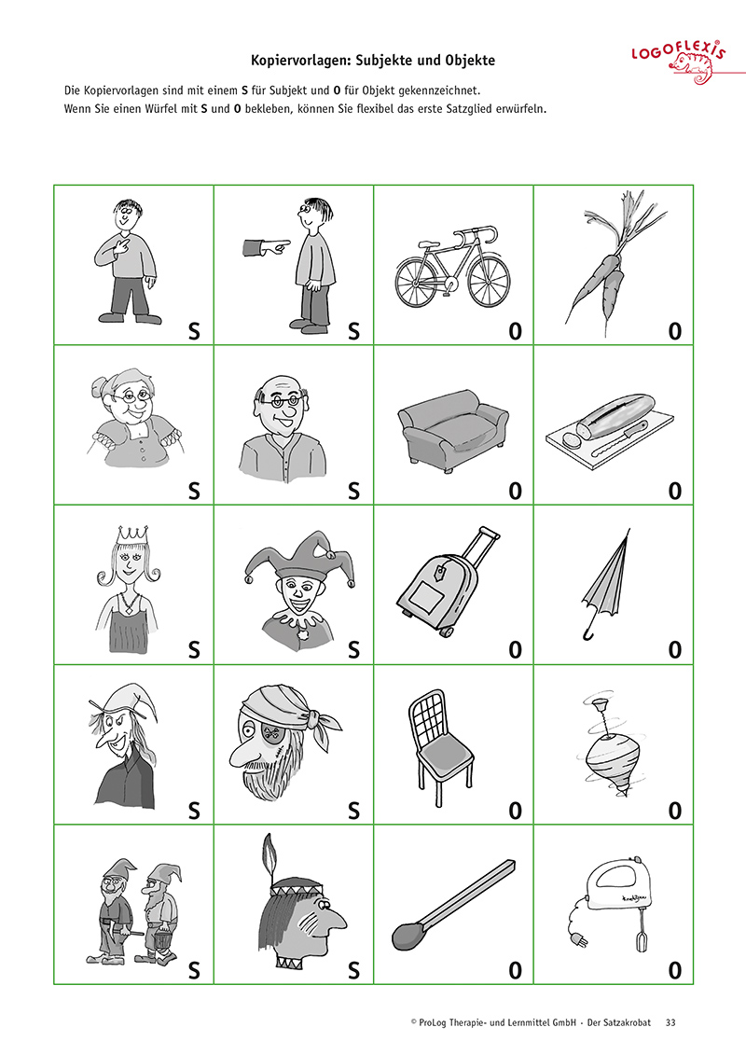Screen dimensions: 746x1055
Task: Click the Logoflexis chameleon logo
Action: pyautogui.click(x=680, y=62)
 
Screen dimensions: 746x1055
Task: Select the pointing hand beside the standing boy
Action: pyautogui.click(x=266, y=247)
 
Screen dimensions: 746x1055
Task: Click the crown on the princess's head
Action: pyautogui.click(x=132, y=534)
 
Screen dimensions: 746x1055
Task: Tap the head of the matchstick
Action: pyautogui.click(x=407, y=936)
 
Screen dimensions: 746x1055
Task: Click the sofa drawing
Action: pyautogui.click(x=452, y=431)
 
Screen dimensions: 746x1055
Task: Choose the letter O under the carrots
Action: pyautogui.click(x=675, y=331)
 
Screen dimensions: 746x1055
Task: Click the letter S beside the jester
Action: pyautogui.click(x=353, y=650)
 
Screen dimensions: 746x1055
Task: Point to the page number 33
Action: pyautogui.click(x=670, y=1022)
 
